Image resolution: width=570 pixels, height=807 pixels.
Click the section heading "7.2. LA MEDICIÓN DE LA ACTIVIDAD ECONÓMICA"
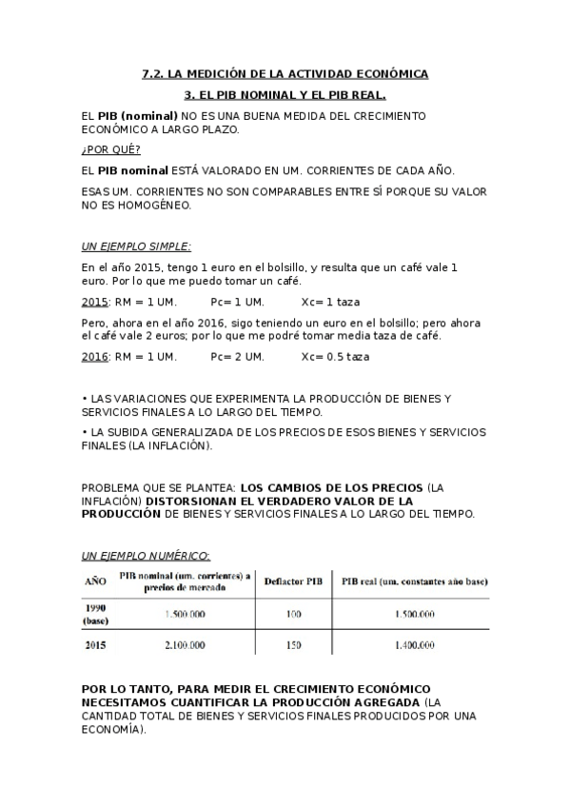point(285,73)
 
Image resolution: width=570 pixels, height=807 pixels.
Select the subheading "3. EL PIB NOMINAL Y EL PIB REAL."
point(285,95)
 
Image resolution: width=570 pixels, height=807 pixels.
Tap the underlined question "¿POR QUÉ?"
point(110,149)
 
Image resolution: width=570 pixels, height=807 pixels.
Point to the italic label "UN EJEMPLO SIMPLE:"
point(136,246)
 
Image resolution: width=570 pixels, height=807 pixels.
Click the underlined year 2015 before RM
point(94,302)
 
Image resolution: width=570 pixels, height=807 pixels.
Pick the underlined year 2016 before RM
point(94,357)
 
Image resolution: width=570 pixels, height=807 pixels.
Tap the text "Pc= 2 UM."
point(237,357)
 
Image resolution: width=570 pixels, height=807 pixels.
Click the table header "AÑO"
point(95,580)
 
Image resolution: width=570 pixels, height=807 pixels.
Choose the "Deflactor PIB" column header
point(292,580)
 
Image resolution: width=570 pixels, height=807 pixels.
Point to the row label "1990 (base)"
point(95,614)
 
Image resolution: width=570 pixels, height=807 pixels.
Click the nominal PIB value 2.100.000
point(184,645)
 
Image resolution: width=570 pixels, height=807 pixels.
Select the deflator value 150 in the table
point(293,645)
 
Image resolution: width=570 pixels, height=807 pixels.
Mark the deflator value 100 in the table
point(293,614)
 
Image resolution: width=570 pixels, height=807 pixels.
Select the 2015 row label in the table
point(95,645)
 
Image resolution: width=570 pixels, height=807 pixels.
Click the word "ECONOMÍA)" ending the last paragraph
point(114,729)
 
